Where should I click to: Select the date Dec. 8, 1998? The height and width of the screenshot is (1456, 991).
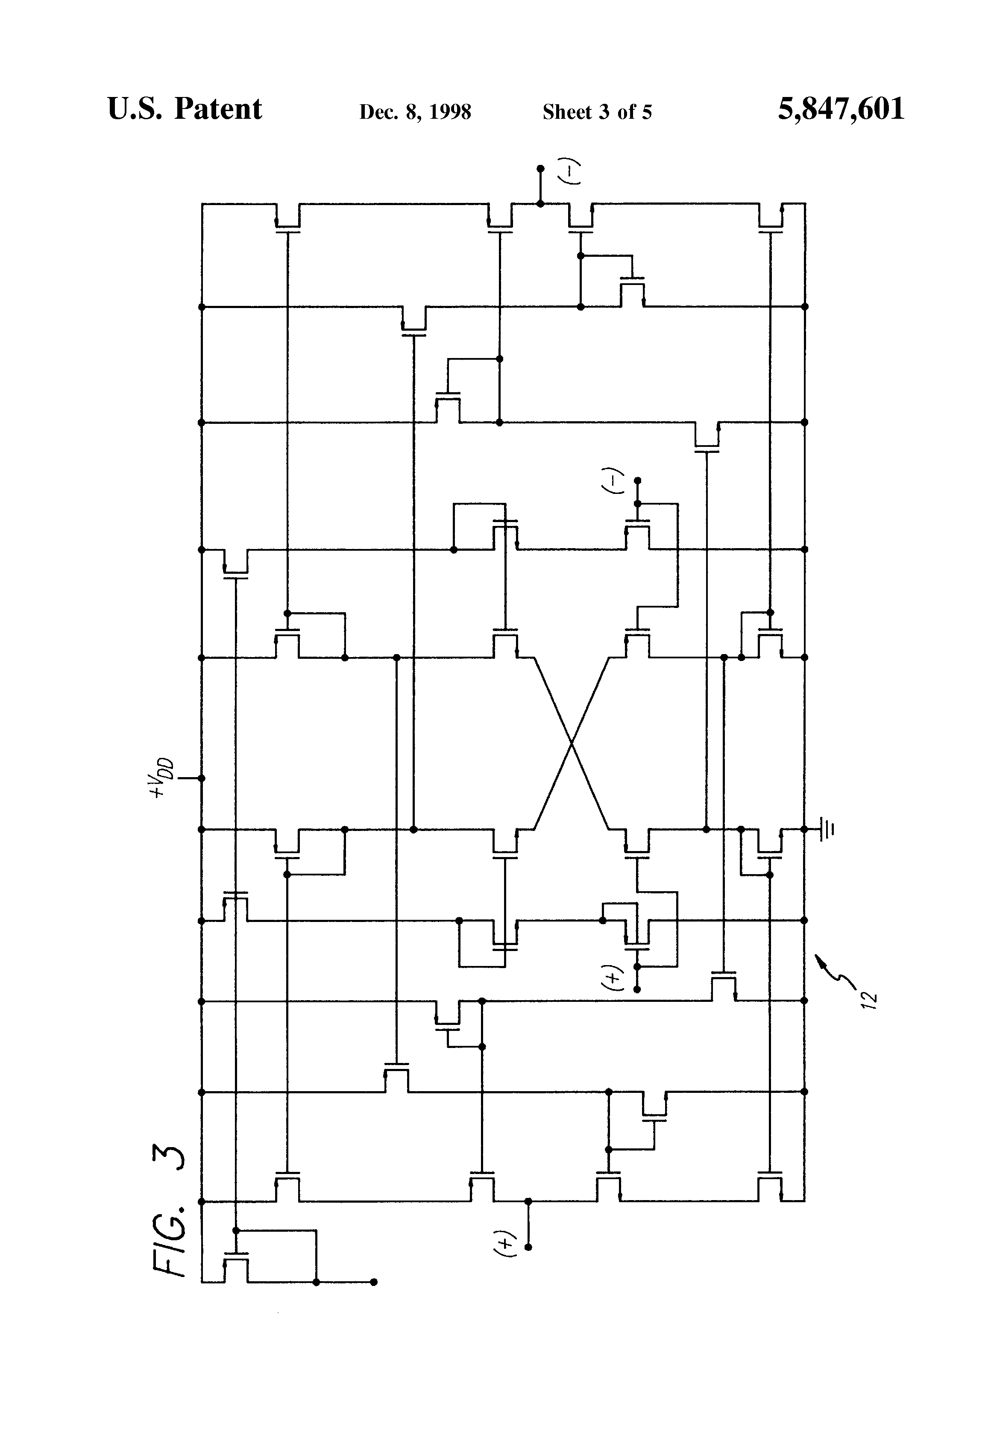(415, 112)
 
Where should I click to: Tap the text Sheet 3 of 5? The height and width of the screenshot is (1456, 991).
(597, 112)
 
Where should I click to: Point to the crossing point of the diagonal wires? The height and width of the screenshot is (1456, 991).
(571, 744)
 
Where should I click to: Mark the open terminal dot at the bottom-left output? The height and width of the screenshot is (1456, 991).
(374, 1282)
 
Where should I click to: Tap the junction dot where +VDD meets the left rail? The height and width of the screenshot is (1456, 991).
(202, 778)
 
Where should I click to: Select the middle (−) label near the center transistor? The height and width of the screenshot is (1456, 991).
(617, 481)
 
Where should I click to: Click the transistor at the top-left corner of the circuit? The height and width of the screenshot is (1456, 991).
(287, 217)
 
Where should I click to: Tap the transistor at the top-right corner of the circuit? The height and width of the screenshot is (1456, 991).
(771, 217)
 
